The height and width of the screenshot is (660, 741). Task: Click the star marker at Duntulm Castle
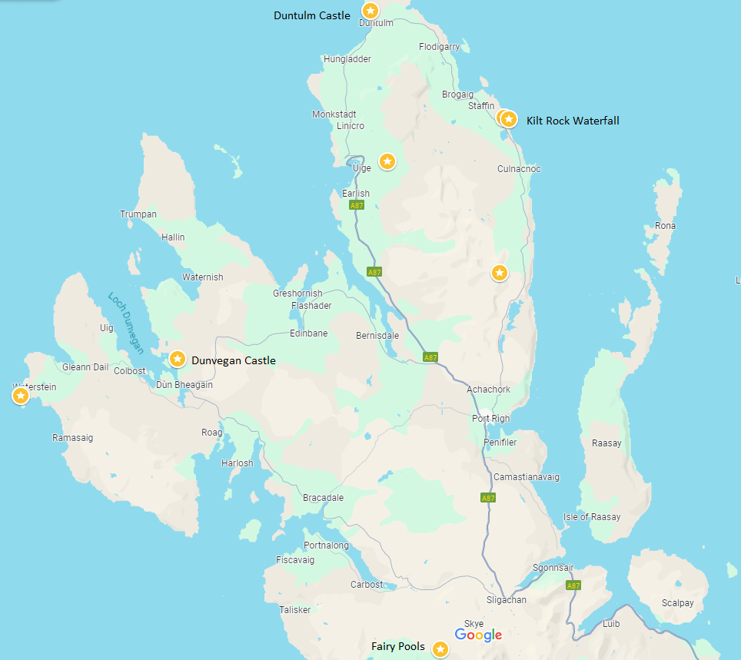click(370, 11)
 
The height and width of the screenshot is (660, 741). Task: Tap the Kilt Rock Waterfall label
click(573, 121)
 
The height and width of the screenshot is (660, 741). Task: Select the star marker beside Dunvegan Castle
click(178, 359)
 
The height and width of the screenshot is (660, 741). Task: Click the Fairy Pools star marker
click(440, 649)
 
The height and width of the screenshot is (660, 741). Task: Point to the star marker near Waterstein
click(21, 396)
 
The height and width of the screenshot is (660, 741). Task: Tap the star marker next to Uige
click(387, 161)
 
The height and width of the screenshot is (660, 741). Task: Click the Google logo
click(478, 635)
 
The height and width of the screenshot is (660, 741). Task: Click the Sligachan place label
click(507, 600)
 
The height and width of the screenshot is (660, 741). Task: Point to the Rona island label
click(665, 226)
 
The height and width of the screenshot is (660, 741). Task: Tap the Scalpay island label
click(677, 603)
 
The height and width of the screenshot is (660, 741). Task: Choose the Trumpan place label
click(138, 214)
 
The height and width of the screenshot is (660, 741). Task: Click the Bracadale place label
click(324, 498)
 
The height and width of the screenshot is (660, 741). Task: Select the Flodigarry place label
click(440, 47)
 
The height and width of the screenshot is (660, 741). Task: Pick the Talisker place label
click(295, 609)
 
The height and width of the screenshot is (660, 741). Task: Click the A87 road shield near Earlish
click(357, 206)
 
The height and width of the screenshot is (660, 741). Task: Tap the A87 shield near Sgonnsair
click(573, 585)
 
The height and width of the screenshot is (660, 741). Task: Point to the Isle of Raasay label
click(592, 517)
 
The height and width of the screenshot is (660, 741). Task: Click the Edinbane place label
click(308, 333)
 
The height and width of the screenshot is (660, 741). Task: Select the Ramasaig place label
click(73, 437)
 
